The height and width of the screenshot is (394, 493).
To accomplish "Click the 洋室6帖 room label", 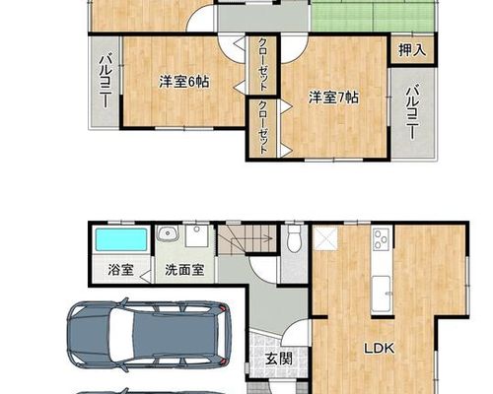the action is [184, 82].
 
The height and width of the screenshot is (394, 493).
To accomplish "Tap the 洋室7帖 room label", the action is [333, 98].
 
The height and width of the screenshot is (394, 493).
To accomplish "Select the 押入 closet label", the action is [412, 50].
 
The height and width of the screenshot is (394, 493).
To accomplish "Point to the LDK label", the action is [379, 349].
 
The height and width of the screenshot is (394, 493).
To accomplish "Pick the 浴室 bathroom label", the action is [120, 270].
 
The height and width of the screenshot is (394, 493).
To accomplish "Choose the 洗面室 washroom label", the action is [184, 270].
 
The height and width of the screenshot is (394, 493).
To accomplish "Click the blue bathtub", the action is [121, 240].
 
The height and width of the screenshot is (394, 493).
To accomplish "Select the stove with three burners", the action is [382, 239].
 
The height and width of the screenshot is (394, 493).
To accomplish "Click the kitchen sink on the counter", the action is [381, 295].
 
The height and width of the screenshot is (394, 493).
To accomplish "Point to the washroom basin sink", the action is [168, 233].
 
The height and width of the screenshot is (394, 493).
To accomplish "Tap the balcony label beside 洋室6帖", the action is [106, 82].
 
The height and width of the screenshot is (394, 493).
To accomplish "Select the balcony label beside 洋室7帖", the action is [412, 112].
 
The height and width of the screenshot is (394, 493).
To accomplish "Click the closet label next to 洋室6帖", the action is [262, 65].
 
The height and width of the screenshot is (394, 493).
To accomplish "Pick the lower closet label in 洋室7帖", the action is [262, 128].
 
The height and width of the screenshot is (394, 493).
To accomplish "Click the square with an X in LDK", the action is [325, 238].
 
